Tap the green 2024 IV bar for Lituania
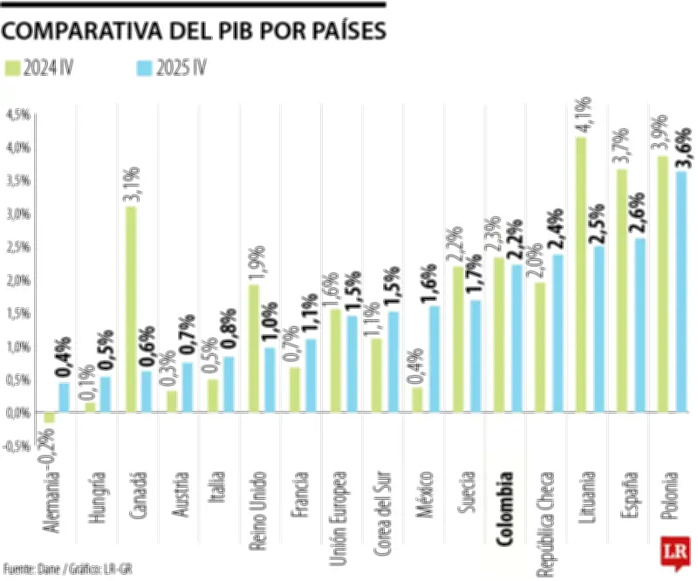pyautogui.click(x=581, y=274)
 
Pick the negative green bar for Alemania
pyautogui.click(x=49, y=417)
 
